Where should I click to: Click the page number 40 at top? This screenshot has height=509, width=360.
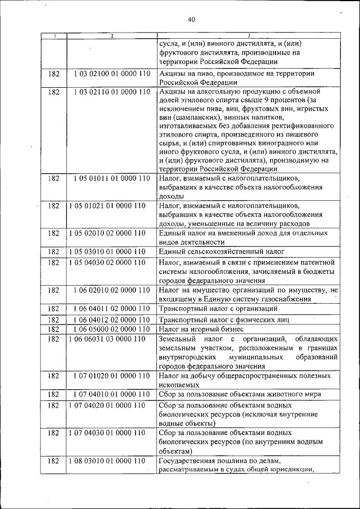191,20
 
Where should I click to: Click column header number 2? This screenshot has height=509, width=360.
112,36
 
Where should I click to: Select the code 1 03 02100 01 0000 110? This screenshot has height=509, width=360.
112,74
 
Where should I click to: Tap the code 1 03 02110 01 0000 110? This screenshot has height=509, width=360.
112,91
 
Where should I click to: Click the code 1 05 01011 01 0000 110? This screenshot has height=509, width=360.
112,178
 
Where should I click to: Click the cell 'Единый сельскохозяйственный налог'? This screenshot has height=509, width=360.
222,251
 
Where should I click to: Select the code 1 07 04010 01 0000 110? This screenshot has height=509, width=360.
112,394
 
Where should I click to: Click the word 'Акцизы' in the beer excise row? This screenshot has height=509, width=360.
172,74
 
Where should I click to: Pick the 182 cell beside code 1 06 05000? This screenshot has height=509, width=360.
54,329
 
